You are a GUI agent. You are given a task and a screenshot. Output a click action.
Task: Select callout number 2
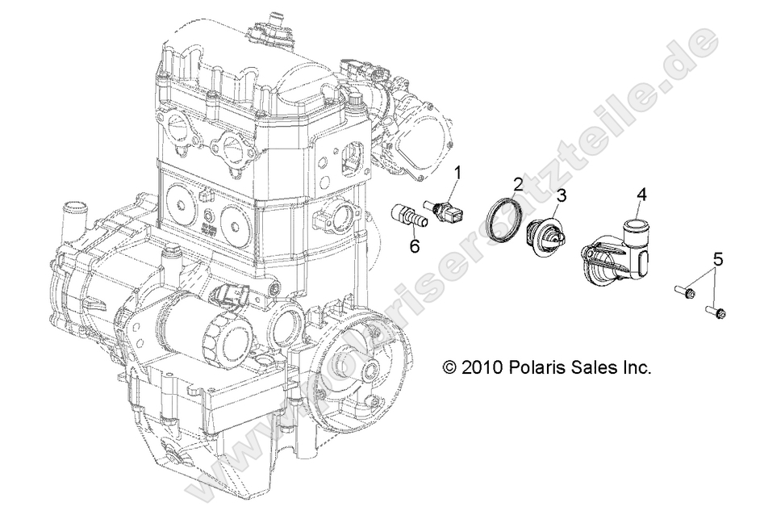pos(541,185)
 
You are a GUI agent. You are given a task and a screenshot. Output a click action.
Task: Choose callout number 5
pos(717,260)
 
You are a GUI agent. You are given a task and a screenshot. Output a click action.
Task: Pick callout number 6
pos(414,245)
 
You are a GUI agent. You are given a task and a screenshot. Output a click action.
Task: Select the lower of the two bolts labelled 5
pos(716,309)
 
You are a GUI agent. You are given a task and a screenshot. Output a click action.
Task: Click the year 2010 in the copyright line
pos(482,367)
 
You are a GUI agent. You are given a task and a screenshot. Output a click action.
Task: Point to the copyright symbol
pos(449,367)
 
